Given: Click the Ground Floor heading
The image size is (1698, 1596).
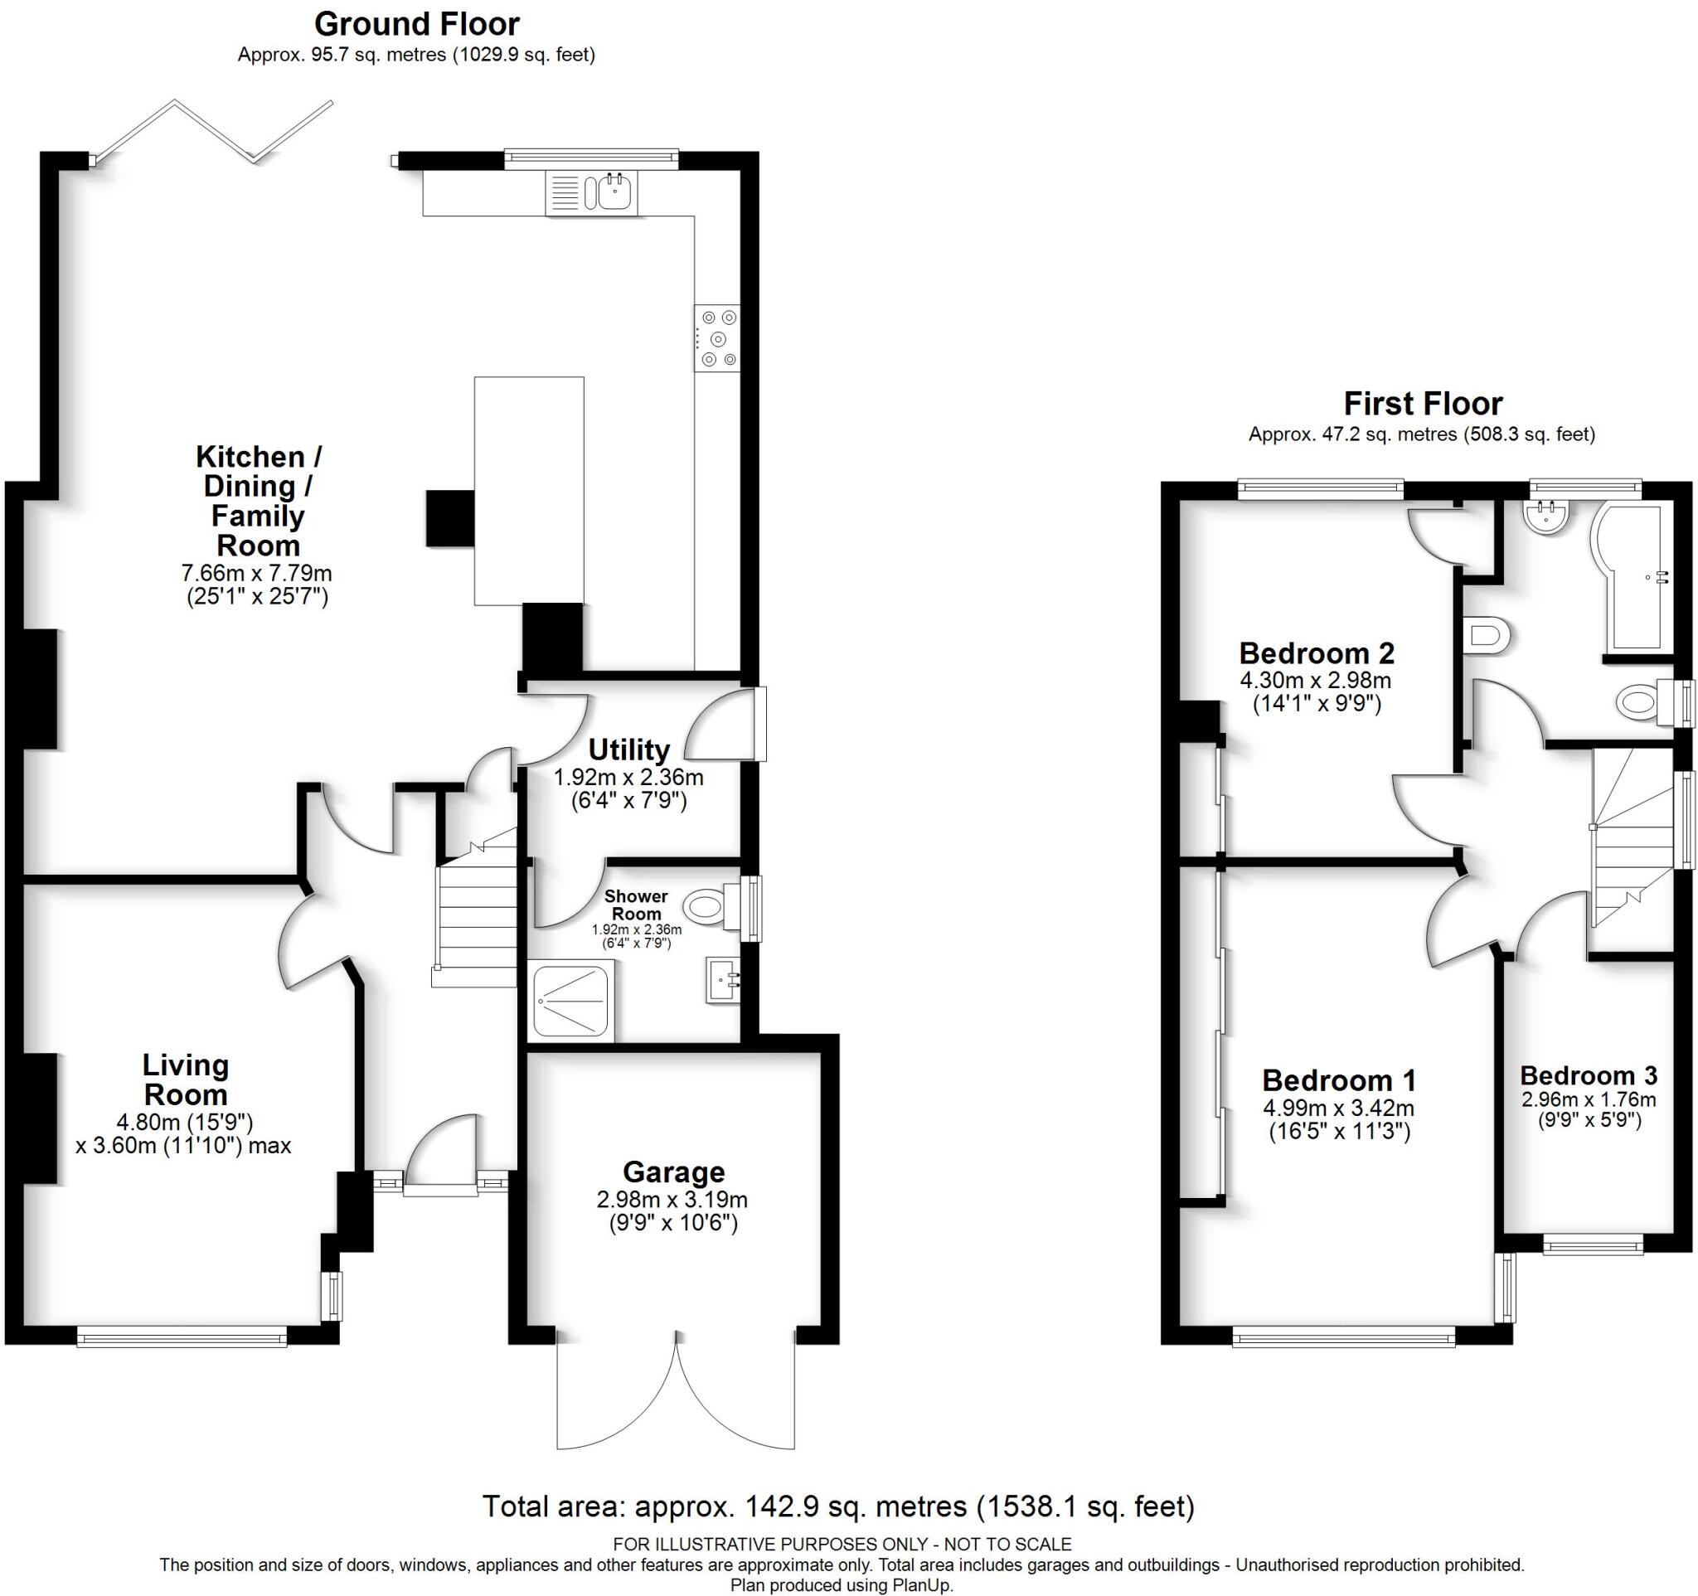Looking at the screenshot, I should [x=417, y=24].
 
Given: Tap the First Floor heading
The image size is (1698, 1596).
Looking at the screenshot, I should [x=1422, y=403].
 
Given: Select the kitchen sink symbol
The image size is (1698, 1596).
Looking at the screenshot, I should [x=614, y=192].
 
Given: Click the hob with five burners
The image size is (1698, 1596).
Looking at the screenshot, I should [x=717, y=338].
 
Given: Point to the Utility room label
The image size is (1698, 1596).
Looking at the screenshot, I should [x=628, y=749].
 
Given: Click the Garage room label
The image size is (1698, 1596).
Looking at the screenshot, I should [x=673, y=1172].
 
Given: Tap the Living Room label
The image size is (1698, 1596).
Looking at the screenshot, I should [x=186, y=1079].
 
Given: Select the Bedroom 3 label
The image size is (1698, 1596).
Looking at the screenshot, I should [x=1589, y=1075].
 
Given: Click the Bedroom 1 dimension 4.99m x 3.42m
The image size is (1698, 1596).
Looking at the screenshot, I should [x=1338, y=1108].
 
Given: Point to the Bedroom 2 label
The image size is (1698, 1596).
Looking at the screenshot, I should [x=1317, y=653].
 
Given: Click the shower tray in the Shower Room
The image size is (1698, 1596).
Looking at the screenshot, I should [x=570, y=1001].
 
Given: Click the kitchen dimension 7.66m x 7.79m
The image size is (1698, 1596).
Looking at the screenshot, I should [x=256, y=573].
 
